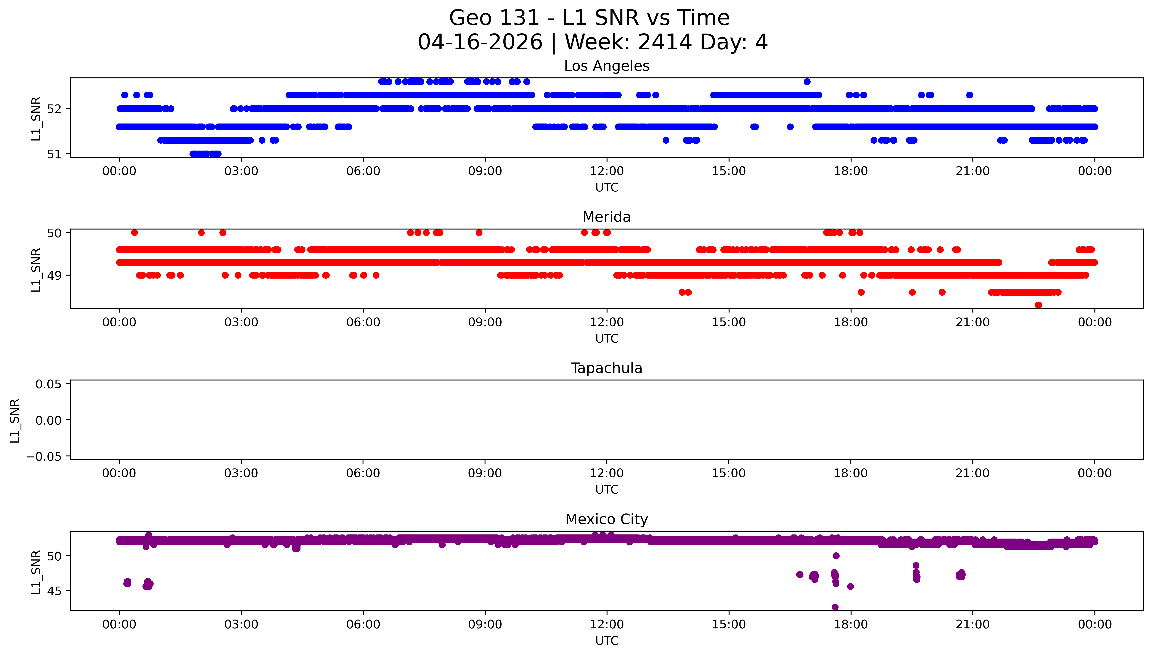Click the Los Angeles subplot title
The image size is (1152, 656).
[606, 66]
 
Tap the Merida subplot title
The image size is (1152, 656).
[606, 217]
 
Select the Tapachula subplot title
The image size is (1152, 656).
[606, 368]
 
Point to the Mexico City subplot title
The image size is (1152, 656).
[606, 520]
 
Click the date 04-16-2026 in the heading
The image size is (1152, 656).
[480, 42]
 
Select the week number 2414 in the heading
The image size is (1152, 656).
[665, 42]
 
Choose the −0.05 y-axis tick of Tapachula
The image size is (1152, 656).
[44, 457]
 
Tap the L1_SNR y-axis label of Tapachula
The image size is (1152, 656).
[15, 420]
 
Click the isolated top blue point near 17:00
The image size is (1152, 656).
[807, 82]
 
